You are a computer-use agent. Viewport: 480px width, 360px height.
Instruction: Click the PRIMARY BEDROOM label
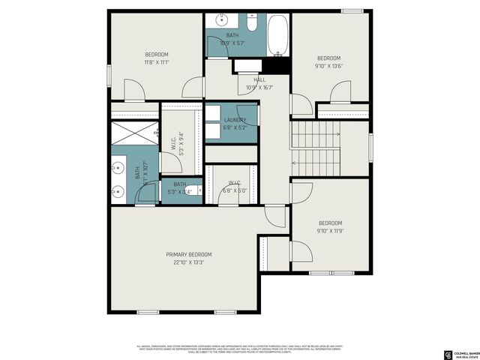pos(188,254)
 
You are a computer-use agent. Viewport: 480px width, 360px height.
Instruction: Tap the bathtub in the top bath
pos(277,35)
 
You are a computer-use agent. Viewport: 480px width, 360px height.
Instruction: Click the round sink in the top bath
pos(223,20)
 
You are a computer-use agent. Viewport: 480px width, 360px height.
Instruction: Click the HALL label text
pos(259,79)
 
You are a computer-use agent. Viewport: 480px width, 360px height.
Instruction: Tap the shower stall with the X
pos(131,134)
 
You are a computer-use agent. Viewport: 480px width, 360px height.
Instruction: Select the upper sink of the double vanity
pos(118,166)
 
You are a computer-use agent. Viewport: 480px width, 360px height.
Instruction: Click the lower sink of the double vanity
pos(118,192)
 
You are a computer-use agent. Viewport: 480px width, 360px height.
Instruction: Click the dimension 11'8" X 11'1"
pos(157,62)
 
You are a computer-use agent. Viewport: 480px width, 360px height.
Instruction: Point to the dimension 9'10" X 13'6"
pos(328,66)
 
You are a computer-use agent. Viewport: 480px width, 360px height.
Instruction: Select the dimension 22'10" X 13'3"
pos(188,262)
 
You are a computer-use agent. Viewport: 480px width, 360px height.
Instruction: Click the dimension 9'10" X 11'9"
pos(330,231)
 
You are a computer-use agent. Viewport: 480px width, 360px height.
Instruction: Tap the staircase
pos(315,147)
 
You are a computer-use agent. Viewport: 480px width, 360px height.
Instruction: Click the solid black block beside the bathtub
pos(280,65)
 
